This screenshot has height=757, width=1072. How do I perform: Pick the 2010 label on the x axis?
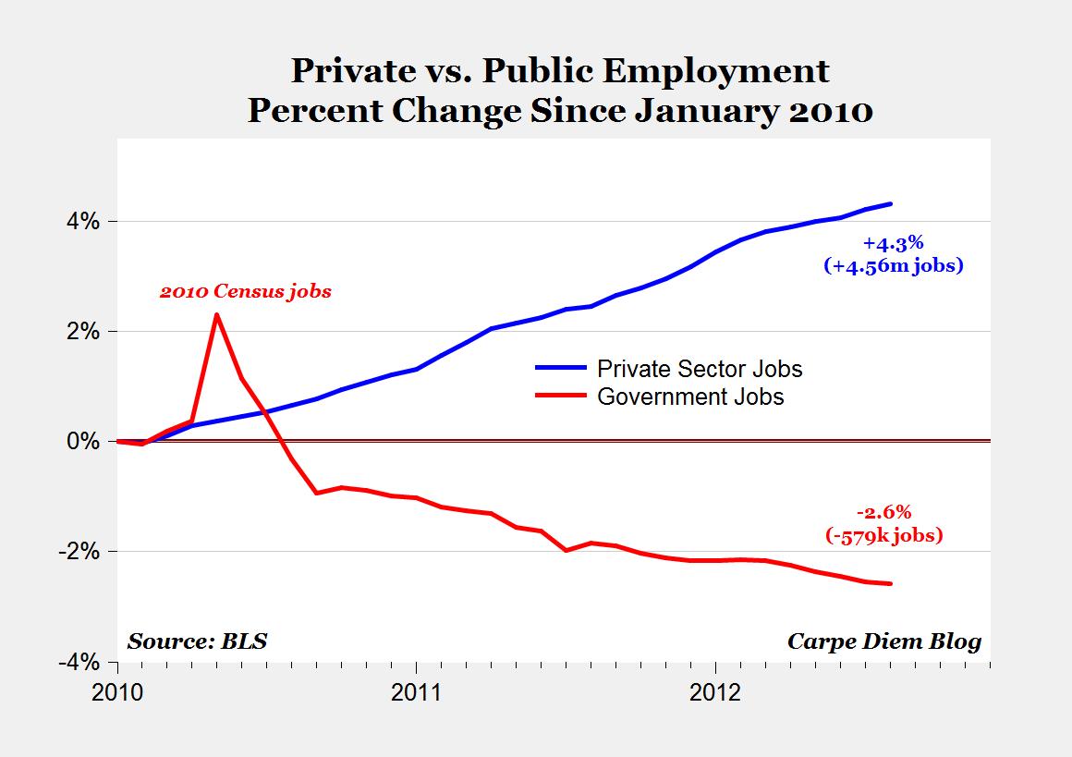point(117,692)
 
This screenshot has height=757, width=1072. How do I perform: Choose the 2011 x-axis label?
point(416,692)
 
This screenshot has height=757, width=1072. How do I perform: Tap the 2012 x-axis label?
point(714,692)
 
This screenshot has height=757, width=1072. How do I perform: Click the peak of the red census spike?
point(216,315)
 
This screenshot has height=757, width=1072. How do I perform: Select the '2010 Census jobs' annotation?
point(245,291)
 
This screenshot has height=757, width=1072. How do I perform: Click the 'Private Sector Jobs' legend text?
point(700,369)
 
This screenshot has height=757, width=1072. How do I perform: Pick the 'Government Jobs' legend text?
point(690,397)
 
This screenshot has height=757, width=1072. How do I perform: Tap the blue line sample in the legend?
point(560,368)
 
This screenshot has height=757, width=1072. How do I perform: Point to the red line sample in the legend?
point(560,396)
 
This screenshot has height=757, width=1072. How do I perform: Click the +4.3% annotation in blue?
point(893,244)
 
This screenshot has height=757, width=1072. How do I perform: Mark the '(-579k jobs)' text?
point(883,535)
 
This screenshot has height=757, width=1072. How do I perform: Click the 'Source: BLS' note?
point(197,641)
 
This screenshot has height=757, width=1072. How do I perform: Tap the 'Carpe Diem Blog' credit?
point(883,641)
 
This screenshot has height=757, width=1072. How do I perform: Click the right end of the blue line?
point(890,203)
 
